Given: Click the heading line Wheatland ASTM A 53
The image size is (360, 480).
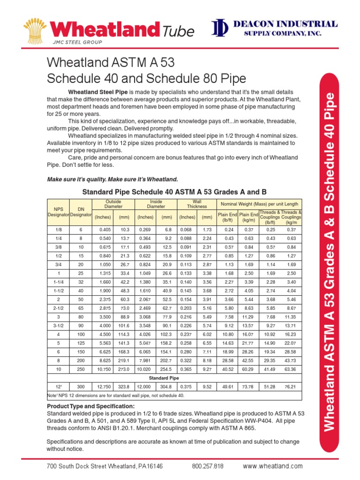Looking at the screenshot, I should point(111,62).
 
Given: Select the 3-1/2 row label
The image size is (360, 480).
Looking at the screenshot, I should point(58,325).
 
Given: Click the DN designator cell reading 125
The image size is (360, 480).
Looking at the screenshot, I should point(81,342).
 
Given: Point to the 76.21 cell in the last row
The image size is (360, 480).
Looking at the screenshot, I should point(291,386).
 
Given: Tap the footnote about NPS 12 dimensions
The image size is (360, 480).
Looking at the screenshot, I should point(116,395).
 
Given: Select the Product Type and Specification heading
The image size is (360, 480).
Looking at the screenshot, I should point(91,405).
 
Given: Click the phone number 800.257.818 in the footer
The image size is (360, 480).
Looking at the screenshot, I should point(208,466).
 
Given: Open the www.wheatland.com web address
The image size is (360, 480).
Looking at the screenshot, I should point(272,466).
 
